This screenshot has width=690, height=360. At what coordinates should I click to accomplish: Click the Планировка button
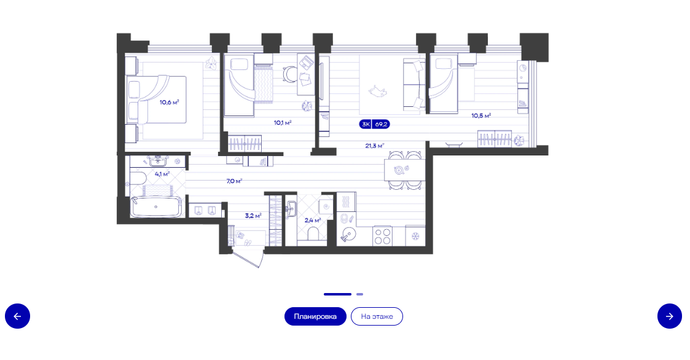(315, 316)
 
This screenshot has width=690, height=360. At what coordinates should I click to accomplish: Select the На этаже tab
(377, 316)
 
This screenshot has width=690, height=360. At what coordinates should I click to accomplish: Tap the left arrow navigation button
(18, 316)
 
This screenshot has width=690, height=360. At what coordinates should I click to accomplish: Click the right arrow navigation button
(669, 316)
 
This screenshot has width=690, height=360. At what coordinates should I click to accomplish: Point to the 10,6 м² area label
(170, 103)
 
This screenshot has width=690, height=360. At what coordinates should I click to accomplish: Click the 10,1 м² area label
(283, 123)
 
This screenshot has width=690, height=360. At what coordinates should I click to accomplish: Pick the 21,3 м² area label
(374, 146)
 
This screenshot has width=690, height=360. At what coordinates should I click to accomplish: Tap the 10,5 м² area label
(481, 115)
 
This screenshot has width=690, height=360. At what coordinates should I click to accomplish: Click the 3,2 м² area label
(253, 216)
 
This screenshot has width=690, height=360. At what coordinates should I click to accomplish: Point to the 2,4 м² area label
(313, 220)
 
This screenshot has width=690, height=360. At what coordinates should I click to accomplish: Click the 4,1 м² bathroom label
(162, 174)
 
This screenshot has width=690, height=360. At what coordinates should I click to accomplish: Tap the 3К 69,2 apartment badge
(374, 125)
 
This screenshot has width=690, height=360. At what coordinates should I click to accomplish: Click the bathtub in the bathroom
(156, 207)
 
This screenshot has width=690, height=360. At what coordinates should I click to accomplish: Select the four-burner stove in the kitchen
(382, 236)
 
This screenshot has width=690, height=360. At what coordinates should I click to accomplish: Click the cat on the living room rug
(377, 92)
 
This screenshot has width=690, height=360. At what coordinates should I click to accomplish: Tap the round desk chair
(290, 74)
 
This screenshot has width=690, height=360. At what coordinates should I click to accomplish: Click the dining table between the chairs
(405, 170)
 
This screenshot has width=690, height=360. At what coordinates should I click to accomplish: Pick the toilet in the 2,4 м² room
(313, 233)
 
